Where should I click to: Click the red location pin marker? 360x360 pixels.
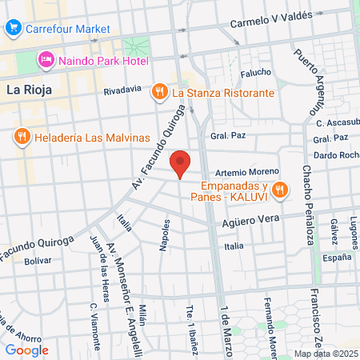pyautogui.click(x=181, y=162)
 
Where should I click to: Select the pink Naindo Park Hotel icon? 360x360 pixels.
pyautogui.click(x=46, y=60)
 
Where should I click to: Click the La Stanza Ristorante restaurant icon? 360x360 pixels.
pyautogui.click(x=160, y=91)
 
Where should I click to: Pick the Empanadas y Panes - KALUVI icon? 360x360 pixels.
pyautogui.click(x=279, y=190)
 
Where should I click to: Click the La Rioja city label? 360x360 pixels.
pyautogui.click(x=29, y=90)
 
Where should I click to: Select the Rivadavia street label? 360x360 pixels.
pyautogui.click(x=122, y=90)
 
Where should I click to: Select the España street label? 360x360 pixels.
pyautogui.click(x=337, y=258)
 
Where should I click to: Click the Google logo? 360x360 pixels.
pyautogui.click(x=26, y=350)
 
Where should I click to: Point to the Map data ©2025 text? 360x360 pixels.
pyautogui.click(x=326, y=353)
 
